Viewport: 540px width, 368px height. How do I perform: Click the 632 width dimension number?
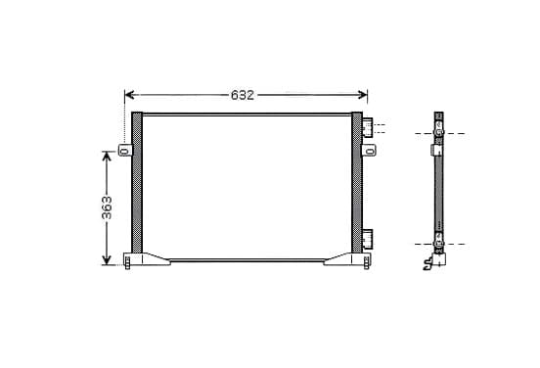pos(243,95)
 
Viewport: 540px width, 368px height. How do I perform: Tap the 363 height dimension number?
pos(107,207)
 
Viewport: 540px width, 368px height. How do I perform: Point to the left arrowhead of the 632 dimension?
pos(129,95)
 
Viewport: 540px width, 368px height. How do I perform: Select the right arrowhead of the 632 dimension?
pos(363,95)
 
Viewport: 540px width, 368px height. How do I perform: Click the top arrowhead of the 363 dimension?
pos(107,156)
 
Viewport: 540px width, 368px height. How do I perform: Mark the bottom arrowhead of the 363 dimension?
pos(107,260)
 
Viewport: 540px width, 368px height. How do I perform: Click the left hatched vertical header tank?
pos(137,182)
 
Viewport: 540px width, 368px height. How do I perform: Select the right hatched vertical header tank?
pos(357,182)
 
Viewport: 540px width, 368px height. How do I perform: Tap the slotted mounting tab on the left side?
pos(125,150)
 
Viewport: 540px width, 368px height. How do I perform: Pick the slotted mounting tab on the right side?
pos(369,151)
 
